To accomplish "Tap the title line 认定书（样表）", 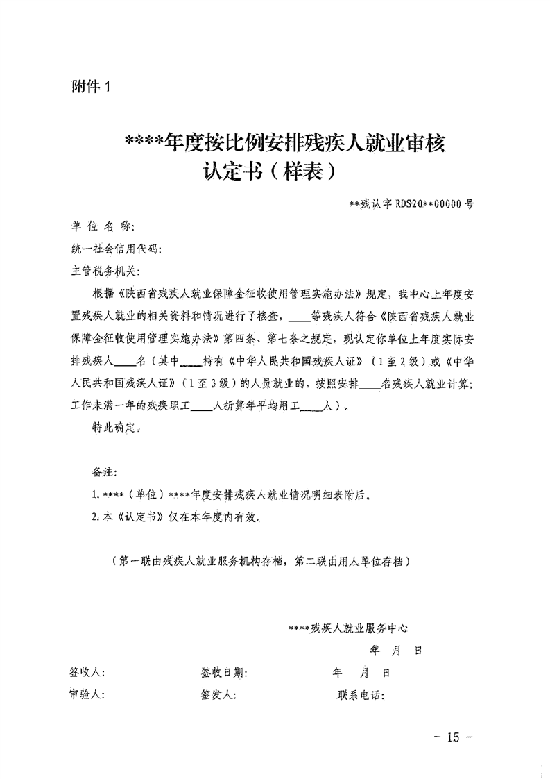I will click(x=270, y=171).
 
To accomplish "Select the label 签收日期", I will click(x=224, y=673).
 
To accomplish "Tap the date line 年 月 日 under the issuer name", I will click(x=396, y=651).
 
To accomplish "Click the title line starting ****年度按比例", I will click(x=283, y=144).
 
